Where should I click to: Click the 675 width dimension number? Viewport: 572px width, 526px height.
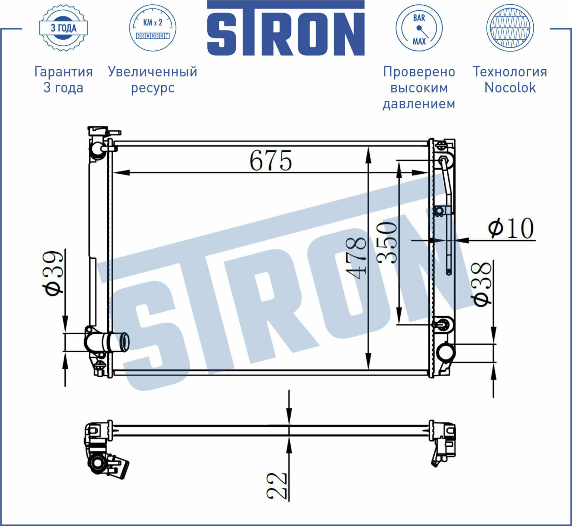[271, 160]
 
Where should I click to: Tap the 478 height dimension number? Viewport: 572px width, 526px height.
[356, 258]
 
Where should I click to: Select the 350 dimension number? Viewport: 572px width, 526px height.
[387, 243]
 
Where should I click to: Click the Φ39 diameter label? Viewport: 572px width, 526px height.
[54, 272]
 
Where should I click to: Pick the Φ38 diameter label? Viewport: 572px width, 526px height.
[482, 284]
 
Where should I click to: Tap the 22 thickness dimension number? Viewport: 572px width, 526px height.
[277, 486]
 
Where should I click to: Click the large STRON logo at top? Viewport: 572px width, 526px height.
[286, 29]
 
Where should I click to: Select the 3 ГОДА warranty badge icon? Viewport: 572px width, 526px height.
[63, 28]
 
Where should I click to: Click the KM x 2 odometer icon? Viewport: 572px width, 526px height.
[153, 28]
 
